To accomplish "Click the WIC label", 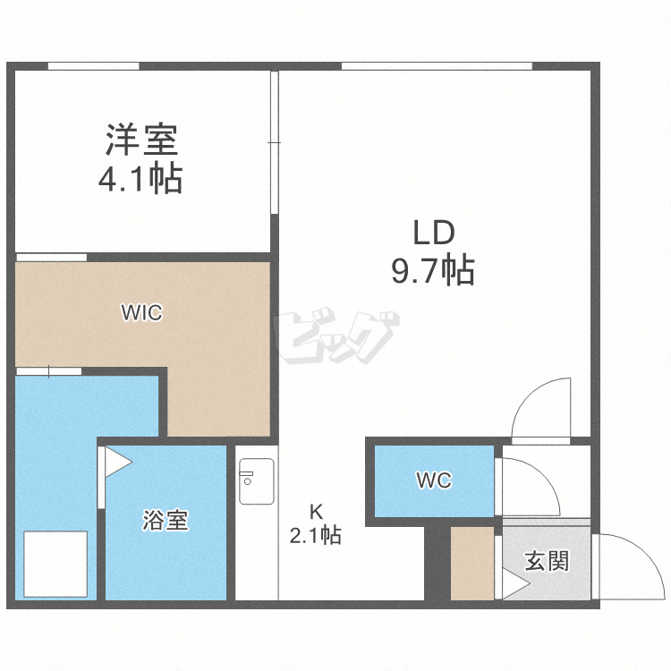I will click(x=141, y=313).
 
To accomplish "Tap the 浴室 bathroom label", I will click(x=166, y=521).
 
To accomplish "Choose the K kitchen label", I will click(x=315, y=513).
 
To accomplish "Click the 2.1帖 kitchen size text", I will click(x=314, y=536).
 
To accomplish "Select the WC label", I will click(x=433, y=480).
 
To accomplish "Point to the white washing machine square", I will click(x=55, y=564).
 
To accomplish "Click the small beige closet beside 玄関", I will click(x=471, y=564).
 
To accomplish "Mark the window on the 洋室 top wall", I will click(x=93, y=66).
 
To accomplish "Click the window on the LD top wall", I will click(x=437, y=66).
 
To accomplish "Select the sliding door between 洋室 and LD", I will click(x=275, y=143).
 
